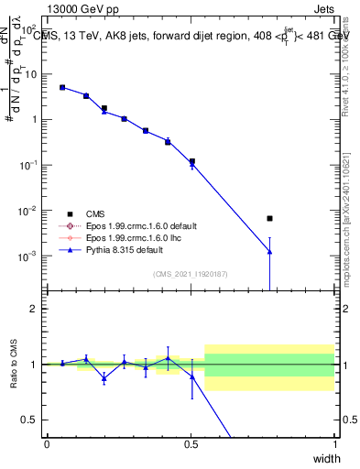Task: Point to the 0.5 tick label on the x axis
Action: (191, 444)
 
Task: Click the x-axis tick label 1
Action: (334, 444)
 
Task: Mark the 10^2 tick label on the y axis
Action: (30, 74)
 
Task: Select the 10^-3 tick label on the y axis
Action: (30, 256)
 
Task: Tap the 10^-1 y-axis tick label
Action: (30, 165)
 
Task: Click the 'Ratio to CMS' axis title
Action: (13, 365)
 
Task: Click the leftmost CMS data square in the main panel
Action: (62, 88)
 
